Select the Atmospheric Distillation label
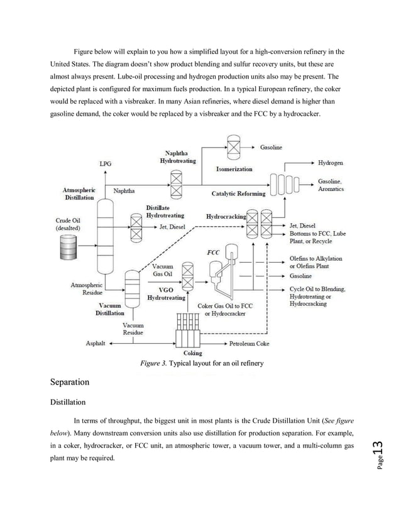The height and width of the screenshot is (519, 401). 79,193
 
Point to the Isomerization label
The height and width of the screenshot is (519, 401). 234,169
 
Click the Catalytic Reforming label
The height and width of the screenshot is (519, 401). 238,194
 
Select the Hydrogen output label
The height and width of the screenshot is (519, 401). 331,162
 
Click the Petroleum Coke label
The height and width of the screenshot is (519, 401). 250,344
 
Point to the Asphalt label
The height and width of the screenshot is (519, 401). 97,344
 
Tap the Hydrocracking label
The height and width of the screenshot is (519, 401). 226,217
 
